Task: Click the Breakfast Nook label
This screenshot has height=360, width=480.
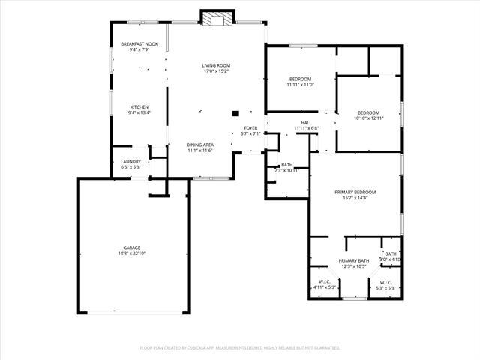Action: tap(139, 44)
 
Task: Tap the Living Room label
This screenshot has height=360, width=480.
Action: tap(215, 65)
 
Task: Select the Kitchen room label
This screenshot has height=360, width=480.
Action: tap(139, 106)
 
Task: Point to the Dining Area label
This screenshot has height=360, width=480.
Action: tap(200, 145)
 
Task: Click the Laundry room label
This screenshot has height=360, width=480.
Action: tap(130, 161)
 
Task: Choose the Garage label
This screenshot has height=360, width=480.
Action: tap(132, 247)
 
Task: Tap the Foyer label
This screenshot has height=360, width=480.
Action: tap(250, 127)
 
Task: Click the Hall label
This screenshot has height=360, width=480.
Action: tap(306, 122)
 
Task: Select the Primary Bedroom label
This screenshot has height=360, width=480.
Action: tap(355, 192)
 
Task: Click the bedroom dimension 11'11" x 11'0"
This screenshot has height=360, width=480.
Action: tap(300, 85)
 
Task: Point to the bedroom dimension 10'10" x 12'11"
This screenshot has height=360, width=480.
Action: tap(368, 118)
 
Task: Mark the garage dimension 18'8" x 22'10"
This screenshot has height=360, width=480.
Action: tap(132, 253)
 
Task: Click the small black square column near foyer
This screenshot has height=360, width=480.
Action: tap(235, 113)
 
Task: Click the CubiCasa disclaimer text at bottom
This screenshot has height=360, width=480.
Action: tap(240, 348)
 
